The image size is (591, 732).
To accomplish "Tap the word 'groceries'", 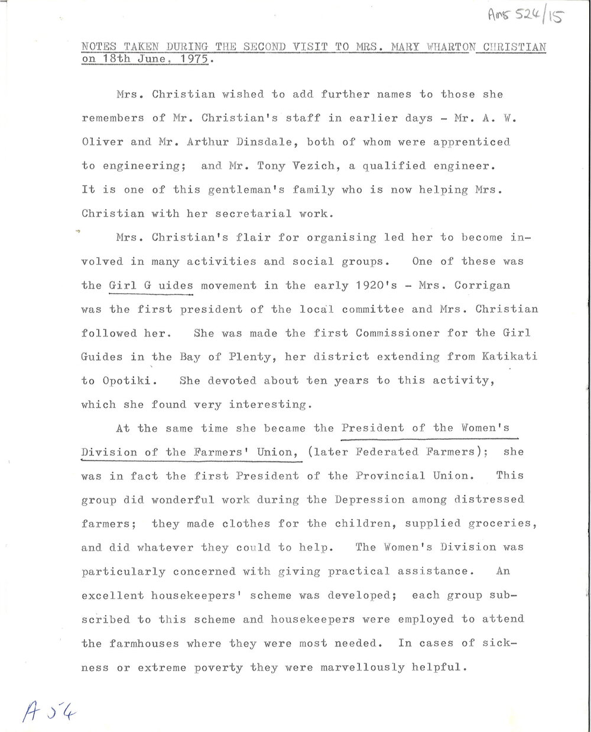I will pyautogui.click(x=500, y=523).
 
